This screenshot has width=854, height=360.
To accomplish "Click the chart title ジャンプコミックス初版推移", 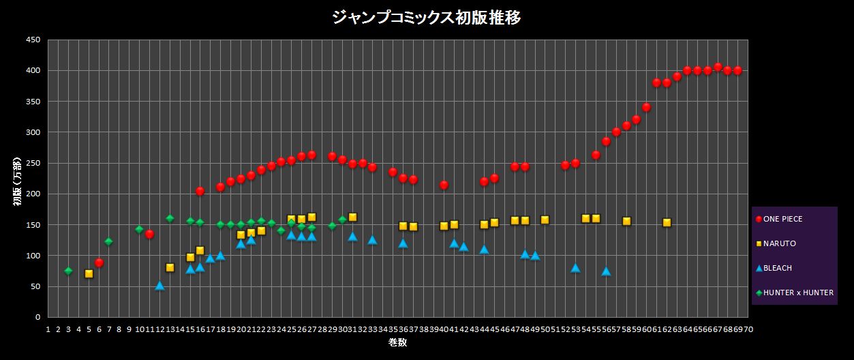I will tap(427, 18).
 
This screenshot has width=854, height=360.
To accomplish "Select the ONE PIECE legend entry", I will tap(782, 219).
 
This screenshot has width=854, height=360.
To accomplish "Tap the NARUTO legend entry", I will tap(779, 243).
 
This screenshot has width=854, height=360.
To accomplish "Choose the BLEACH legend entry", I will tap(778, 268).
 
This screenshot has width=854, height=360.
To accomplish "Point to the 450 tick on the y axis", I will tap(33, 40).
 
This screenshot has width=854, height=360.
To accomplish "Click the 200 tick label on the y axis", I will tap(33, 194).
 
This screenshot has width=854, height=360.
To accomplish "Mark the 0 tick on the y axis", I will tap(37, 317).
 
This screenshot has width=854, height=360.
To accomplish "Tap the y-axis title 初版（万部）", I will tap(18, 179).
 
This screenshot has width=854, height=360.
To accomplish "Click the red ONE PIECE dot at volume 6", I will tap(99, 262).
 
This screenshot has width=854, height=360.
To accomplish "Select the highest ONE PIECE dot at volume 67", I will tap(718, 67).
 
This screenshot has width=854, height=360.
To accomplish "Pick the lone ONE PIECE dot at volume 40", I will tap(444, 185).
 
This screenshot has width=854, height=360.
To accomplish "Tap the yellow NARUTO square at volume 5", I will tap(89, 273).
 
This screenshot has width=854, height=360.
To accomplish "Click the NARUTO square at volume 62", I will tap(667, 222).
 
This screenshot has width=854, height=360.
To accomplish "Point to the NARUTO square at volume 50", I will tap(545, 220).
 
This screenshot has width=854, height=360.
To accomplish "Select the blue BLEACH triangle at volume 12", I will tap(159, 286).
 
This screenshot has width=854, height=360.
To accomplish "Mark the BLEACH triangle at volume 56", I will tap(606, 271).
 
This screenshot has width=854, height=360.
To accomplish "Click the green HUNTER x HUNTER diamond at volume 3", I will tap(68, 271).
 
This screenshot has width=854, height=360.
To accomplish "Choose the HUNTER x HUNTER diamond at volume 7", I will tap(108, 241).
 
